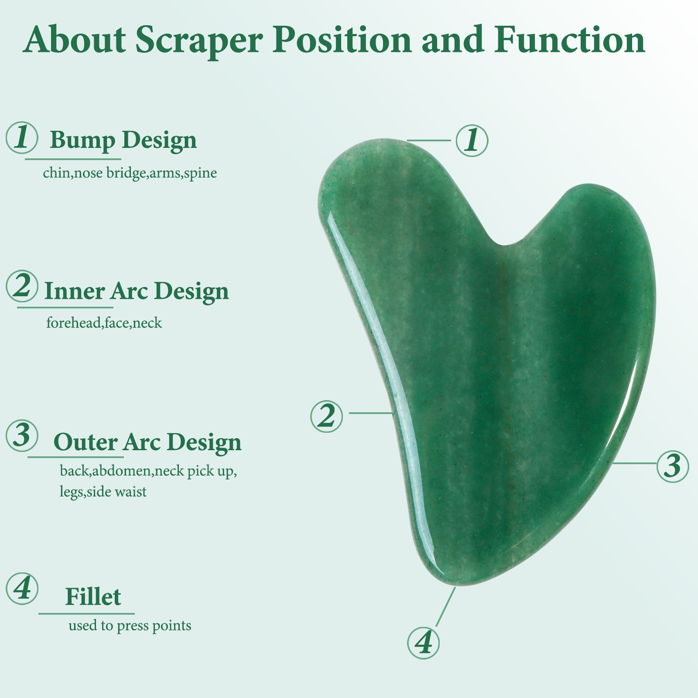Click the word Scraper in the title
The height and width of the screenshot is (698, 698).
pyautogui.click(x=199, y=41)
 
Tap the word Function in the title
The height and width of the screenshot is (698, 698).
pyautogui.click(x=569, y=39)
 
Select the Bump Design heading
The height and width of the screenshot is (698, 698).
pyautogui.click(x=123, y=140)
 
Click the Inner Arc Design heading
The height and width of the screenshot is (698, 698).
pyautogui.click(x=137, y=291)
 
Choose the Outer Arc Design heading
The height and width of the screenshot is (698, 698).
pyautogui.click(x=147, y=442)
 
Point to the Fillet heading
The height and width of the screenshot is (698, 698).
pyautogui.click(x=93, y=596)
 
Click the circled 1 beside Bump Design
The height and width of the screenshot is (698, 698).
pyautogui.click(x=22, y=137)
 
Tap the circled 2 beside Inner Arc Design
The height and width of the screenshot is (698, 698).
pyautogui.click(x=22, y=286)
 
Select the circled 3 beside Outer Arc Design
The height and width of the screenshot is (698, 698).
pyautogui.click(x=22, y=436)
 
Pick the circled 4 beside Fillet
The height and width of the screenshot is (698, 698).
pyautogui.click(x=22, y=589)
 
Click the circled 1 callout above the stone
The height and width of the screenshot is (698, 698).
pyautogui.click(x=472, y=140)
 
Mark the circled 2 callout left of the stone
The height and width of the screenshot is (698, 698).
pyautogui.click(x=326, y=416)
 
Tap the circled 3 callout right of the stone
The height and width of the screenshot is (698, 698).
pyautogui.click(x=673, y=466)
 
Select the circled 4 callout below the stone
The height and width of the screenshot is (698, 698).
pyautogui.click(x=423, y=643)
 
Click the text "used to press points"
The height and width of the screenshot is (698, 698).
pyautogui.click(x=130, y=626)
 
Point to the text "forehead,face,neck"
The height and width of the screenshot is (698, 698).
pyautogui.click(x=104, y=323)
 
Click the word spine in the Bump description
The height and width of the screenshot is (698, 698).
pyautogui.click(x=201, y=173)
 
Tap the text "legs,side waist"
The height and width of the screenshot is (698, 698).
pyautogui.click(x=103, y=492)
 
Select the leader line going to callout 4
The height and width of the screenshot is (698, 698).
pyautogui.click(x=445, y=607)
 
